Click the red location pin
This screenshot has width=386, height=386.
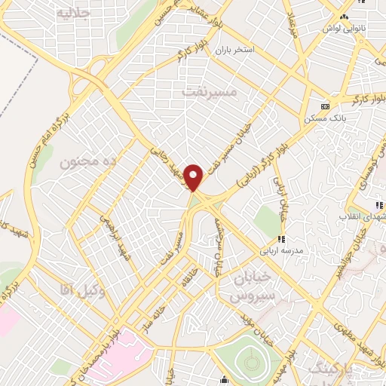pos(195,177)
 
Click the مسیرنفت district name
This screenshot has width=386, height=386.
pos(210,90)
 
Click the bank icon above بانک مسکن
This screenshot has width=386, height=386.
pos(325,106)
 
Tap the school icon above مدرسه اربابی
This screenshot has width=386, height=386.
pos(280,239)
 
